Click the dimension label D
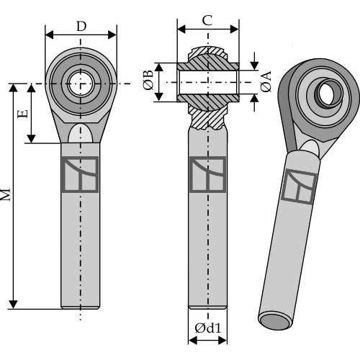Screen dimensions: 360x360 pyautogui.click(x=81, y=27)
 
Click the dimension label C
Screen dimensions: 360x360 pyautogui.click(x=207, y=20)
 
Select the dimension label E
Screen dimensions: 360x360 pyautogui.click(x=23, y=114)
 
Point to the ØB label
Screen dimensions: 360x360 pyautogui.click(x=148, y=80)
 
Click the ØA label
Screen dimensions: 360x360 pyautogui.click(x=266, y=81)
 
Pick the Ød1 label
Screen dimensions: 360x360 pyautogui.click(x=208, y=328)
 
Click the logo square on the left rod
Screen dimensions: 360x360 pyautogui.click(x=80, y=174)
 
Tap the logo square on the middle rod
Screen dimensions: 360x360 pyautogui.click(x=207, y=174)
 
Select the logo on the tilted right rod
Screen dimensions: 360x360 pyautogui.click(x=299, y=186)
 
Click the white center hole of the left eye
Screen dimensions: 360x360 pyautogui.click(x=81, y=84)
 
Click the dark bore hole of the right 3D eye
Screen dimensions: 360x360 pyautogui.click(x=329, y=92)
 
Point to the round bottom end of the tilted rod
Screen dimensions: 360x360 pyautogui.click(x=275, y=322)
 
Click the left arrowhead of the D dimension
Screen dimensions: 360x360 pyautogui.click(x=50, y=35)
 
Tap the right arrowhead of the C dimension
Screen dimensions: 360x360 pyautogui.click(x=235, y=30)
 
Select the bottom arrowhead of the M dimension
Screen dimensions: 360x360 pyautogui.click(x=13, y=305)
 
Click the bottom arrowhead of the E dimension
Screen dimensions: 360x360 pyautogui.click(x=31, y=139)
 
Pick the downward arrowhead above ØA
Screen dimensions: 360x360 pyautogui.click(x=254, y=66)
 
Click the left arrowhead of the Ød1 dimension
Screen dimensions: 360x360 pyautogui.click(x=193, y=340)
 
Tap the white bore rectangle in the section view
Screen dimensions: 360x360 pyautogui.click(x=208, y=82)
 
